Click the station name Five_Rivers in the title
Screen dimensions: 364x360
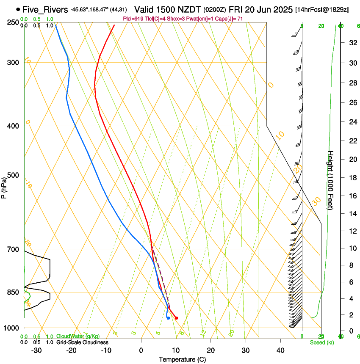coord(44,9)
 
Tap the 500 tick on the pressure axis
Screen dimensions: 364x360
coord(13,175)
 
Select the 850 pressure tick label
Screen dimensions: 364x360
coord(13,292)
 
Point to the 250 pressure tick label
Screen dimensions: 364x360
coord(13,22)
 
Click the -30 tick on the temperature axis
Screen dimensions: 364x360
coord(36,350)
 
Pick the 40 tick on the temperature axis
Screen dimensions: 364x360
coord(280,350)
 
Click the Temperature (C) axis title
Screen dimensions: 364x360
coord(182,359)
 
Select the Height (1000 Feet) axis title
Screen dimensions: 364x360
coord(331,180)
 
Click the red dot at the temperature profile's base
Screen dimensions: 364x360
coord(176,318)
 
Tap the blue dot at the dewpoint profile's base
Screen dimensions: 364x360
coord(168,318)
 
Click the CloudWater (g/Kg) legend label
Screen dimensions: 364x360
coord(78,336)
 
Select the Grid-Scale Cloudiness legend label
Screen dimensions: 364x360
coord(82,342)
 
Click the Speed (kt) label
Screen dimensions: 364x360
coord(321,342)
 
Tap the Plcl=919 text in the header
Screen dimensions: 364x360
coord(134,19)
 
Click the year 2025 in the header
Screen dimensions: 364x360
coord(281,9)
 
